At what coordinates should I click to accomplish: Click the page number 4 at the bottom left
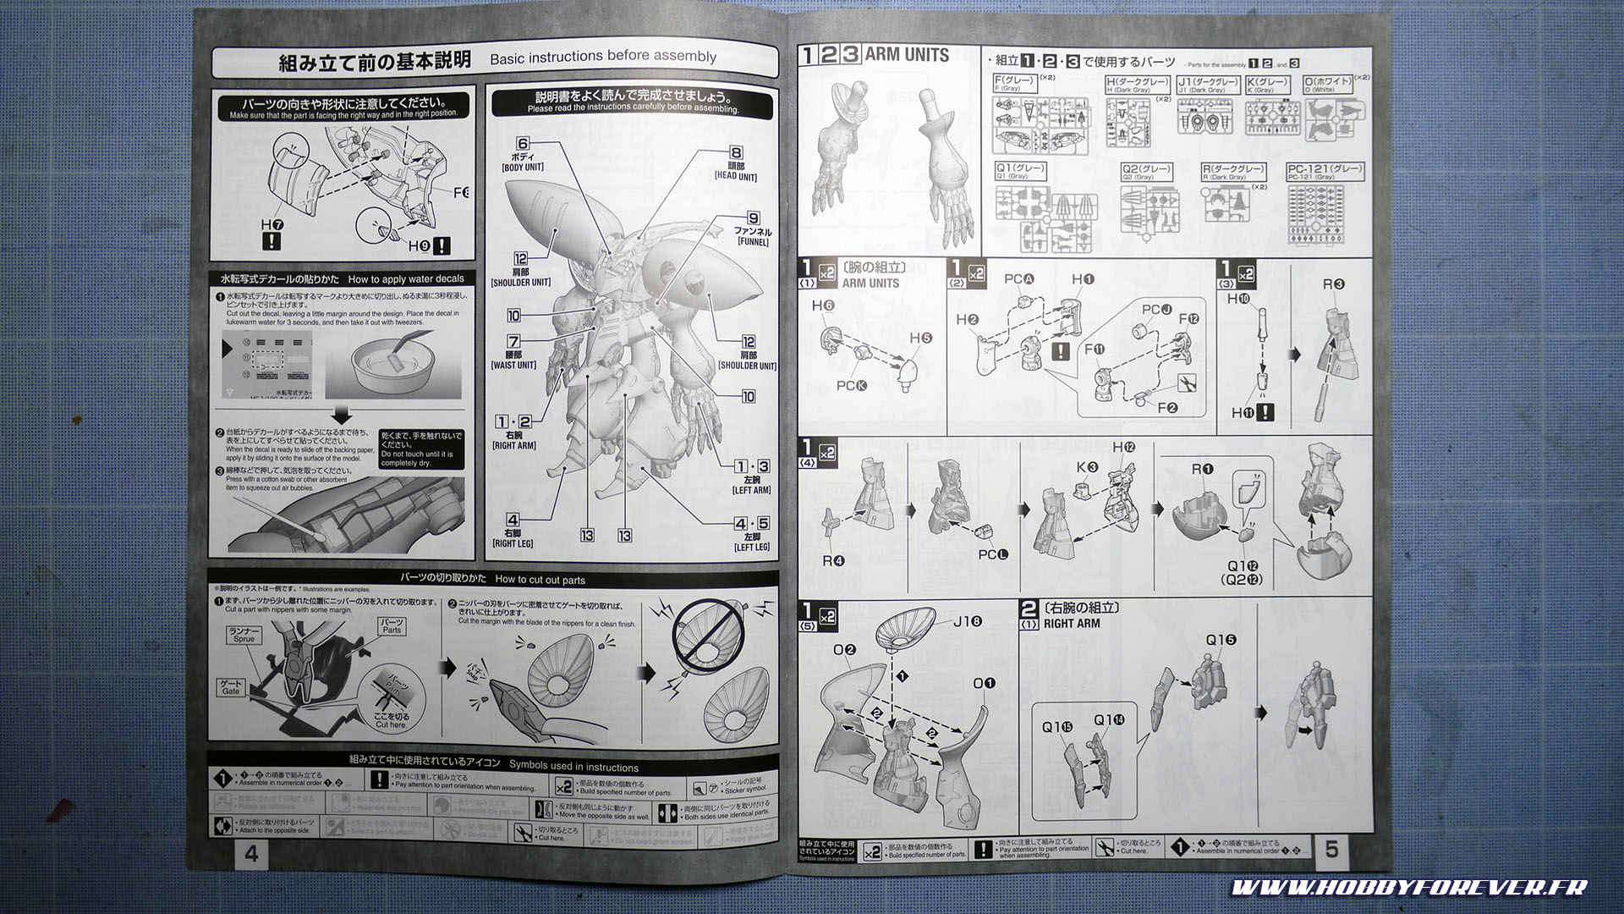(x=251, y=854)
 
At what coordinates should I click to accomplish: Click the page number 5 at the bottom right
(x=1332, y=849)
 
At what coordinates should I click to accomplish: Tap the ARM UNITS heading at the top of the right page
(x=907, y=55)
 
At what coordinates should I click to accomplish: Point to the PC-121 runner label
(x=1325, y=172)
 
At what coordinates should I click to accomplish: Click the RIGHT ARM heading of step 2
(x=1071, y=624)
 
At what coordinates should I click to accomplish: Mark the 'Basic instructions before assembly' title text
(x=602, y=57)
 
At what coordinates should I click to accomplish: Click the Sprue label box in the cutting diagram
(x=244, y=636)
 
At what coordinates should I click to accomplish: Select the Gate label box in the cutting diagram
(x=231, y=687)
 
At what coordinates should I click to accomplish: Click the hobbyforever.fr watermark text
(x=1408, y=888)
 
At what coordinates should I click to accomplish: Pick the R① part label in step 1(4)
(x=1202, y=469)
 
